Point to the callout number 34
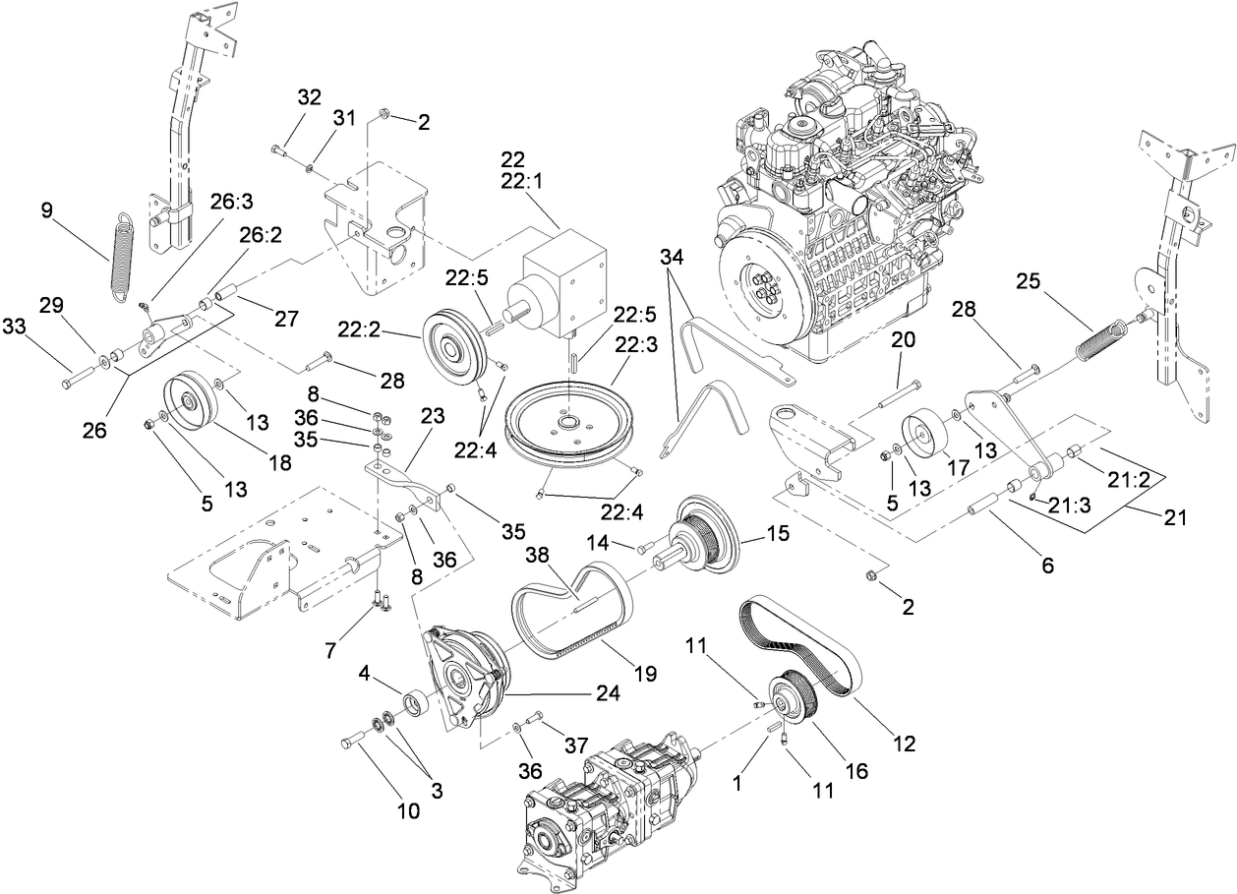[x=670, y=258]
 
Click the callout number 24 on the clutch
[x=606, y=692]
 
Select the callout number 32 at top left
[x=309, y=97]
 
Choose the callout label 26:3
[x=231, y=201]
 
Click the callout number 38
[x=539, y=557]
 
